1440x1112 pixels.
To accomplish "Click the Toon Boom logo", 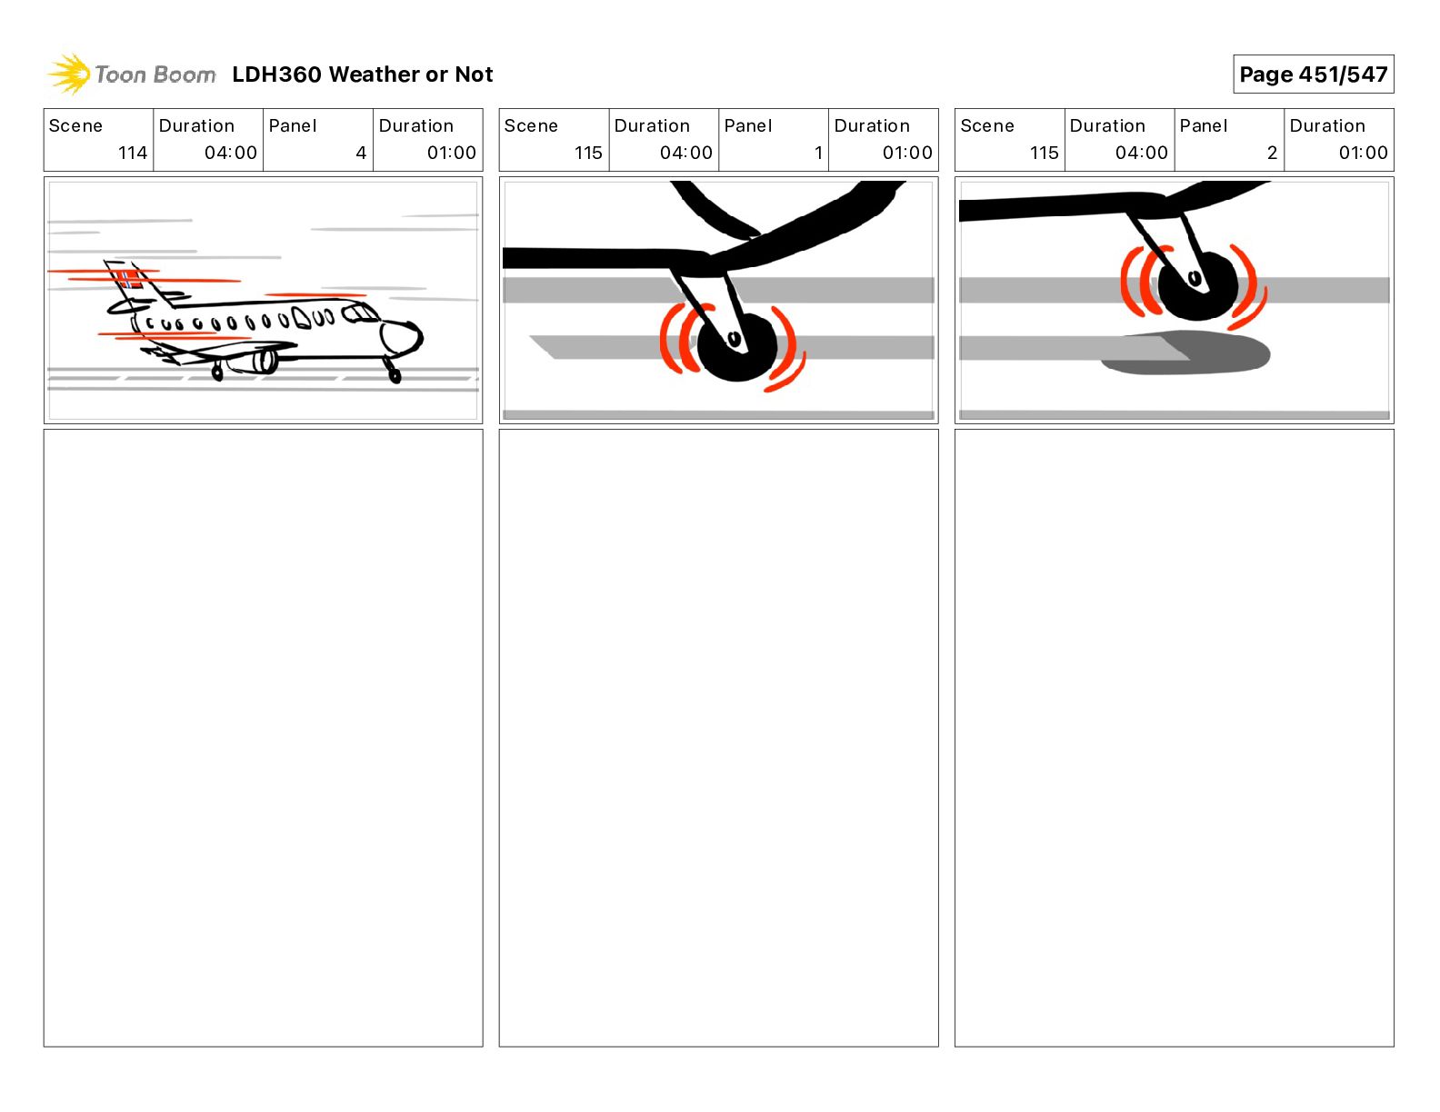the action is click(132, 74).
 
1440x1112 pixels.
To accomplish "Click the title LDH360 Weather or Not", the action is click(362, 74).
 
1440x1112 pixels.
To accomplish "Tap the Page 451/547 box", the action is click(1313, 74).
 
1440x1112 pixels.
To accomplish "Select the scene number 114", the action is click(132, 153).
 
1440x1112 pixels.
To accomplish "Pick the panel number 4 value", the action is click(360, 153).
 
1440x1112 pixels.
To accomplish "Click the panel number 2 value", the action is click(1272, 153).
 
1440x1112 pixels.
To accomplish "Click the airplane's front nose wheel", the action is click(394, 373).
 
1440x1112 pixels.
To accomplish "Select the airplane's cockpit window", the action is click(361, 314).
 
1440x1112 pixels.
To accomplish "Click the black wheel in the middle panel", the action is click(737, 347).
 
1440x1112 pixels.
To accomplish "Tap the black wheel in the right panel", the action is click(1197, 284).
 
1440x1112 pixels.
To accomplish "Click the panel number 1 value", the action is click(818, 153).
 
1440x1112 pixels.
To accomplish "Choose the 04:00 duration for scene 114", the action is click(230, 153).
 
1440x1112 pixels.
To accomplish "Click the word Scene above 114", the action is click(75, 125).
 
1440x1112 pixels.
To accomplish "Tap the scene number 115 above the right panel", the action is click(1044, 153).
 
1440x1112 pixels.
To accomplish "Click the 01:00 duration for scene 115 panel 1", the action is click(906, 153).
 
